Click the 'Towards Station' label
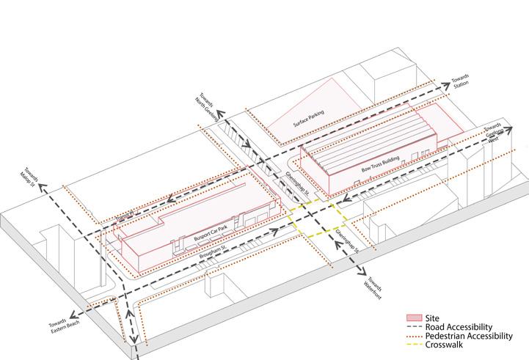click(460, 81)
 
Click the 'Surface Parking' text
click(309, 117)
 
